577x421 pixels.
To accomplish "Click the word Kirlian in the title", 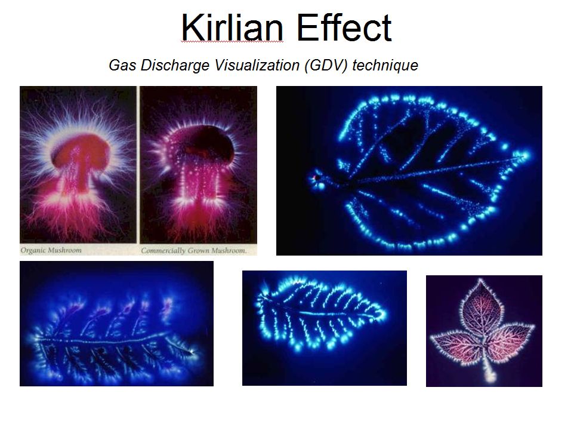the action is click(232, 27).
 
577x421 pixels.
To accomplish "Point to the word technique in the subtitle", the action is click(385, 66).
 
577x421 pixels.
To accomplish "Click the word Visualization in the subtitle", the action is click(257, 65).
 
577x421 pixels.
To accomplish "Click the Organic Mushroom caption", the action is click(51, 250).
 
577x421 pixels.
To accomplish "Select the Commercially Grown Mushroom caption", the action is click(193, 251).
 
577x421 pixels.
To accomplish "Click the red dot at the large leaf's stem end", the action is click(314, 179).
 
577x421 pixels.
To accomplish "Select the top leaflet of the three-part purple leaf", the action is click(480, 306).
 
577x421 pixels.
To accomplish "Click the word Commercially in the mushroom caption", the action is click(163, 251).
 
